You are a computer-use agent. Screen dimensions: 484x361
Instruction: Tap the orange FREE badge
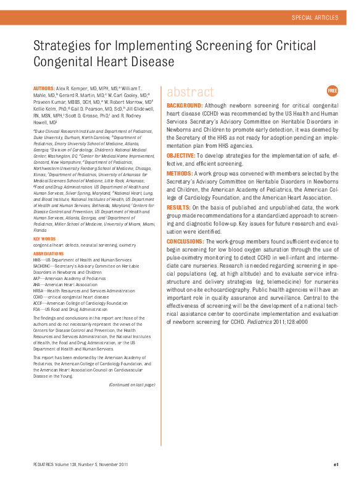(333, 91)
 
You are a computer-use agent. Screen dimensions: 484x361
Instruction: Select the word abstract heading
(190, 93)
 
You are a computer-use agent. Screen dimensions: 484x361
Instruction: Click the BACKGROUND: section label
(185, 106)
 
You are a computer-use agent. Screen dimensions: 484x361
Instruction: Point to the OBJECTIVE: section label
(181, 155)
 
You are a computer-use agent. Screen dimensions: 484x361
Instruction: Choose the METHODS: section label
(180, 174)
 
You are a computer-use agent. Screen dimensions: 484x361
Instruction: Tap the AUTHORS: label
(43, 89)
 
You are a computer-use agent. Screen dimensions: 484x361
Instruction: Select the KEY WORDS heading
(44, 239)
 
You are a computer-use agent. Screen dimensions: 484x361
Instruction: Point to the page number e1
(336, 464)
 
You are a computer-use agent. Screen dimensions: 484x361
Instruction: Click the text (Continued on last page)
(131, 384)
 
